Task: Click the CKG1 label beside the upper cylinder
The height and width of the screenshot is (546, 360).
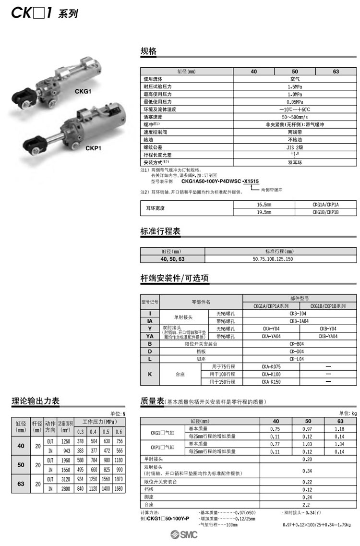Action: tap(83, 91)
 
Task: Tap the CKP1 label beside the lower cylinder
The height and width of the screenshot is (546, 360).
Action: tap(93, 148)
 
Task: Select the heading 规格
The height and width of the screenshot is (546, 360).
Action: tap(148, 51)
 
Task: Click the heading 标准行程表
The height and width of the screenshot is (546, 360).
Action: tap(160, 231)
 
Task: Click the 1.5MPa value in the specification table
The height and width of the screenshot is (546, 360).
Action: tap(295, 87)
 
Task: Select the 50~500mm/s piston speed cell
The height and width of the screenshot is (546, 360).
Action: tap(295, 117)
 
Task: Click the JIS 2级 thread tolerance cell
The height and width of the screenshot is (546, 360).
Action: tap(295, 146)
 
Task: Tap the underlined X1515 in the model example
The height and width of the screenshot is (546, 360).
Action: tap(251, 181)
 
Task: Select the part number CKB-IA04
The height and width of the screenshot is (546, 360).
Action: tap(299, 321)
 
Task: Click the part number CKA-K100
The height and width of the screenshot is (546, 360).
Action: tap(271, 374)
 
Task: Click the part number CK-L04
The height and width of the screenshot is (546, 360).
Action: tap(299, 359)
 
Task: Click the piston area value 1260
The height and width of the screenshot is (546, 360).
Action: tap(66, 441)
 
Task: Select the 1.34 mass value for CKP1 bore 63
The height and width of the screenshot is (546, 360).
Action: tap(339, 445)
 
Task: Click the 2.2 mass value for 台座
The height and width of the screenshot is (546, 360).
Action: tap(308, 505)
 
